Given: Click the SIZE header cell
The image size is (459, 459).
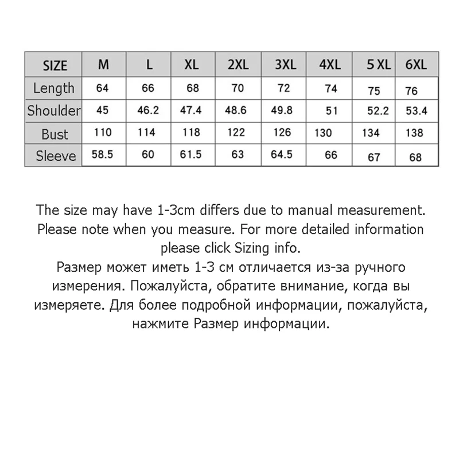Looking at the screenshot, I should click(55, 66).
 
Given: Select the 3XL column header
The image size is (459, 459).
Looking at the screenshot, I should click(286, 65).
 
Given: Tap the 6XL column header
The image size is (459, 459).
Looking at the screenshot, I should click(416, 65).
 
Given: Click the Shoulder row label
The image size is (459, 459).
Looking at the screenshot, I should click(54, 111).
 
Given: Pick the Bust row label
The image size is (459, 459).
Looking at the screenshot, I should click(55, 134).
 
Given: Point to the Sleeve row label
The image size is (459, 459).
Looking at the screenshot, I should click(55, 156).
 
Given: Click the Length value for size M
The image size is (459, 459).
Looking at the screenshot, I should click(103, 88).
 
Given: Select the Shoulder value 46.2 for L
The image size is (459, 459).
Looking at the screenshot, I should click(148, 111).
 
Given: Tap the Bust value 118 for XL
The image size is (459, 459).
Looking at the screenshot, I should click(192, 133).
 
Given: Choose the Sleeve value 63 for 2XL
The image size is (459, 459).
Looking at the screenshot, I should click(238, 155).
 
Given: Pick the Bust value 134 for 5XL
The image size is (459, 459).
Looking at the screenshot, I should click(371, 134).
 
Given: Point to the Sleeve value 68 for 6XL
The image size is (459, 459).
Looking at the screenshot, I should click(415, 157).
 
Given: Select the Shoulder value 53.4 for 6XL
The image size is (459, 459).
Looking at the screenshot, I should click(417, 111).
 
